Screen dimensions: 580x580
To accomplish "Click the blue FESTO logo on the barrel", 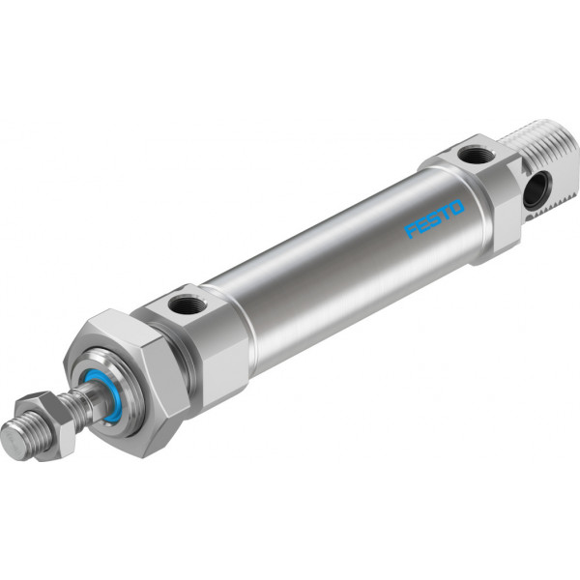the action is click(434, 218).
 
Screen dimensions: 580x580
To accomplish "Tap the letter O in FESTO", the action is click(456, 207).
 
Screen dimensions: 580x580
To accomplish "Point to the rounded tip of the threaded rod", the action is click(11, 442).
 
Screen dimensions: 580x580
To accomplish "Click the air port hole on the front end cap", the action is click(185, 304).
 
